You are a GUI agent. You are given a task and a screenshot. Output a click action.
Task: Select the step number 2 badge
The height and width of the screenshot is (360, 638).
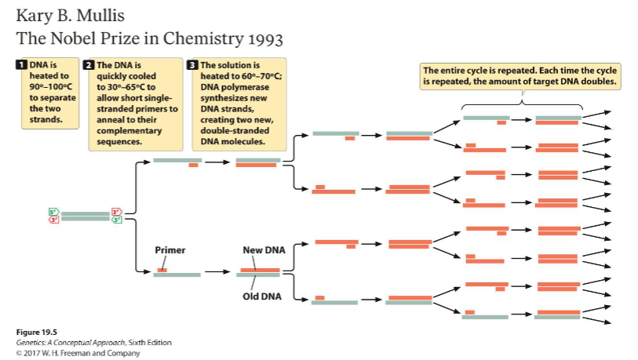click(x=89, y=64)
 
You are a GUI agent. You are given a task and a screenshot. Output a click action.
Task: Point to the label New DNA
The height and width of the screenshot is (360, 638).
click(x=264, y=250)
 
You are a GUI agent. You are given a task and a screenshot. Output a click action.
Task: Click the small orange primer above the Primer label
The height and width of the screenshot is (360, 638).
click(x=162, y=270)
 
